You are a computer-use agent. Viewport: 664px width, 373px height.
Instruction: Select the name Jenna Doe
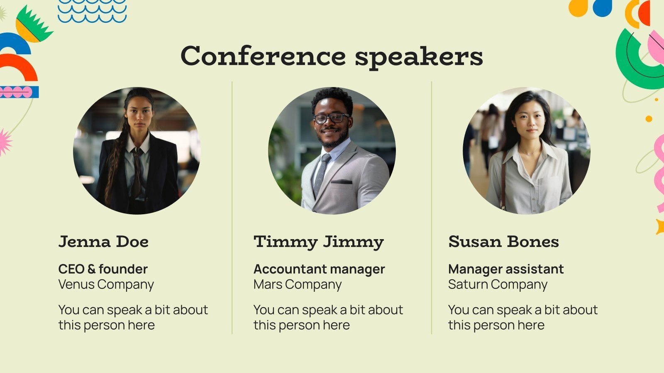pos(103,241)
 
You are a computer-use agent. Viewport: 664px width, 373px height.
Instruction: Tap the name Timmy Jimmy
pos(319,242)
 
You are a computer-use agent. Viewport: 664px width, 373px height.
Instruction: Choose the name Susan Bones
pos(503,241)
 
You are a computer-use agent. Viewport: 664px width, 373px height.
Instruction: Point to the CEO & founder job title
pos(103,269)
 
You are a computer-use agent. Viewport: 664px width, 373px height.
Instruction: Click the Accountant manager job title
pos(319,269)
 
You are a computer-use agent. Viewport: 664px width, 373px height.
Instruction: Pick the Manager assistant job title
pos(506,269)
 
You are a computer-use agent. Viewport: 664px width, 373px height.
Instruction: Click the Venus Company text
pos(106,285)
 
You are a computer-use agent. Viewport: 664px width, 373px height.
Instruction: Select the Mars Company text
pos(298,285)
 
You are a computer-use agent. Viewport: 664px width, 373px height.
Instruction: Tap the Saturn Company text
pos(498,285)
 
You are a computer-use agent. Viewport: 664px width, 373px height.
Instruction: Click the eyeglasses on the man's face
pos(331,118)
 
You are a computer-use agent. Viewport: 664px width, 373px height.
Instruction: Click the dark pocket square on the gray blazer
pos(342,182)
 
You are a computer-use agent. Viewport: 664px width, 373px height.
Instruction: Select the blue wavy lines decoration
pos(92,11)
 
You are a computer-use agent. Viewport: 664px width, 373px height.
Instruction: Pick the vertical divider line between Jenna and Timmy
pos(232,207)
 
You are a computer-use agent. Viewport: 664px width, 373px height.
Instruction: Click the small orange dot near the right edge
pos(649,119)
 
